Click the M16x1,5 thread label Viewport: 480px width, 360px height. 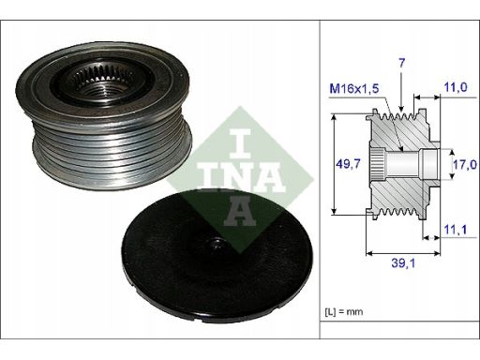pos(354,88)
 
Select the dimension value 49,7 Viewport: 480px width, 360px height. pos(348,163)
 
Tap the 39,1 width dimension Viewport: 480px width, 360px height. pos(403,263)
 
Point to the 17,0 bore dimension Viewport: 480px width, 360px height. pos(465,164)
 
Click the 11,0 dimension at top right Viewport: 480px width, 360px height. pos(456,87)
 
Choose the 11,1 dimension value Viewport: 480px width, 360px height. pos(456,230)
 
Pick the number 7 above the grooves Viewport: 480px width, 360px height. pos(401,63)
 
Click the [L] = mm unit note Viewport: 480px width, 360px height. pos(344,311)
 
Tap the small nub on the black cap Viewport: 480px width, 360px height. pos(217,243)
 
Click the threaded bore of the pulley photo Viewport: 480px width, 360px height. pos(97,92)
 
